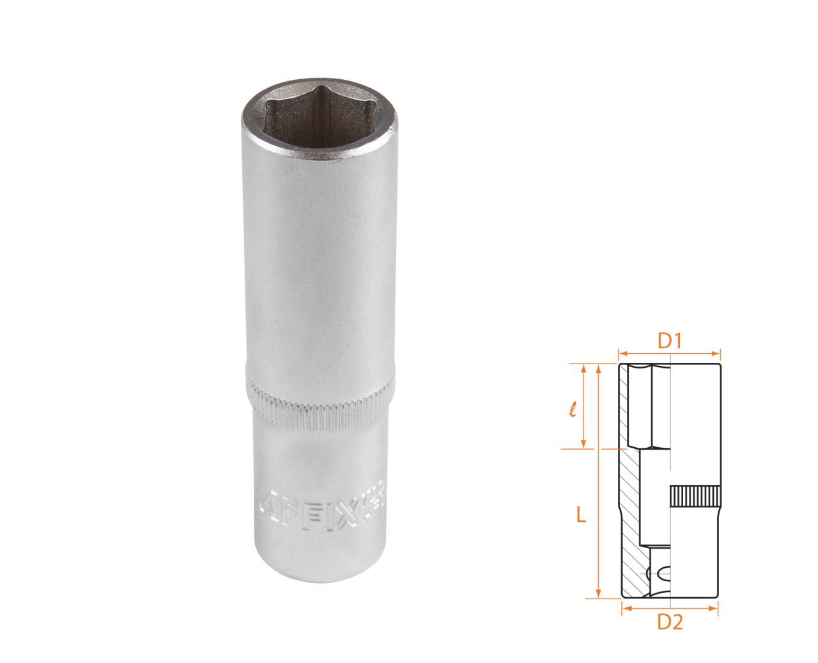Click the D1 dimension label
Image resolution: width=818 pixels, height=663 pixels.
pyautogui.click(x=668, y=341)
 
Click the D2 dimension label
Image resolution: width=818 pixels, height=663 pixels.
pyautogui.click(x=670, y=621)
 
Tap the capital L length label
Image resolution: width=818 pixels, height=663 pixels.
pyautogui.click(x=580, y=514)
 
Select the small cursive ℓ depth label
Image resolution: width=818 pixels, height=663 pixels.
pyautogui.click(x=573, y=408)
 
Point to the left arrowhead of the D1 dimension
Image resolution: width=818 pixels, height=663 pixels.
pyautogui.click(x=622, y=351)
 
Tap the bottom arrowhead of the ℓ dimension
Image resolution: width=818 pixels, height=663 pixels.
pyautogui.click(x=583, y=444)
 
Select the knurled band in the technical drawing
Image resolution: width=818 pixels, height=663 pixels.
pyautogui.click(x=695, y=496)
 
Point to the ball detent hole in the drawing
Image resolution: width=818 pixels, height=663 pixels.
pyautogui.click(x=662, y=572)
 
